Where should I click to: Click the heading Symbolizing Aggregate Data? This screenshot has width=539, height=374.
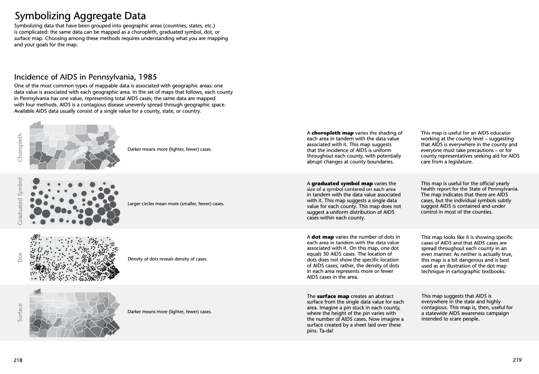point(80,16)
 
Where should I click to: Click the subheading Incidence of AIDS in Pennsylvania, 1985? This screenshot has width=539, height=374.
point(85,77)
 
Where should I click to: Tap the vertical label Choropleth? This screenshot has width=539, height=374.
point(20,148)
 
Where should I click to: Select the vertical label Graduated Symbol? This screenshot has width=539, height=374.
point(20,201)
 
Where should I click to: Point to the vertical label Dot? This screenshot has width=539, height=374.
point(20,257)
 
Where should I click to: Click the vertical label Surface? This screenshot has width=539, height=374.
point(20,312)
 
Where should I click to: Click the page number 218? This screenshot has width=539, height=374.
point(18,360)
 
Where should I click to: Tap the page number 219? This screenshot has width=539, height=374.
point(517,360)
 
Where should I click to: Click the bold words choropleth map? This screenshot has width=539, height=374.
point(332,133)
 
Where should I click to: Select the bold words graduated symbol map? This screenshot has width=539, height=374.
point(342,183)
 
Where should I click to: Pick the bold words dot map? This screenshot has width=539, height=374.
point(322,237)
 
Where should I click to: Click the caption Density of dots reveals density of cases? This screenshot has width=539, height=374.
point(167,259)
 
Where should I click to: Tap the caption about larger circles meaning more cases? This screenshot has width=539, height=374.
point(176,204)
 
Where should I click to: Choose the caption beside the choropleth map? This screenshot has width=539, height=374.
point(169,149)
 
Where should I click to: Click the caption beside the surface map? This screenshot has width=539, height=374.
point(169,312)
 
